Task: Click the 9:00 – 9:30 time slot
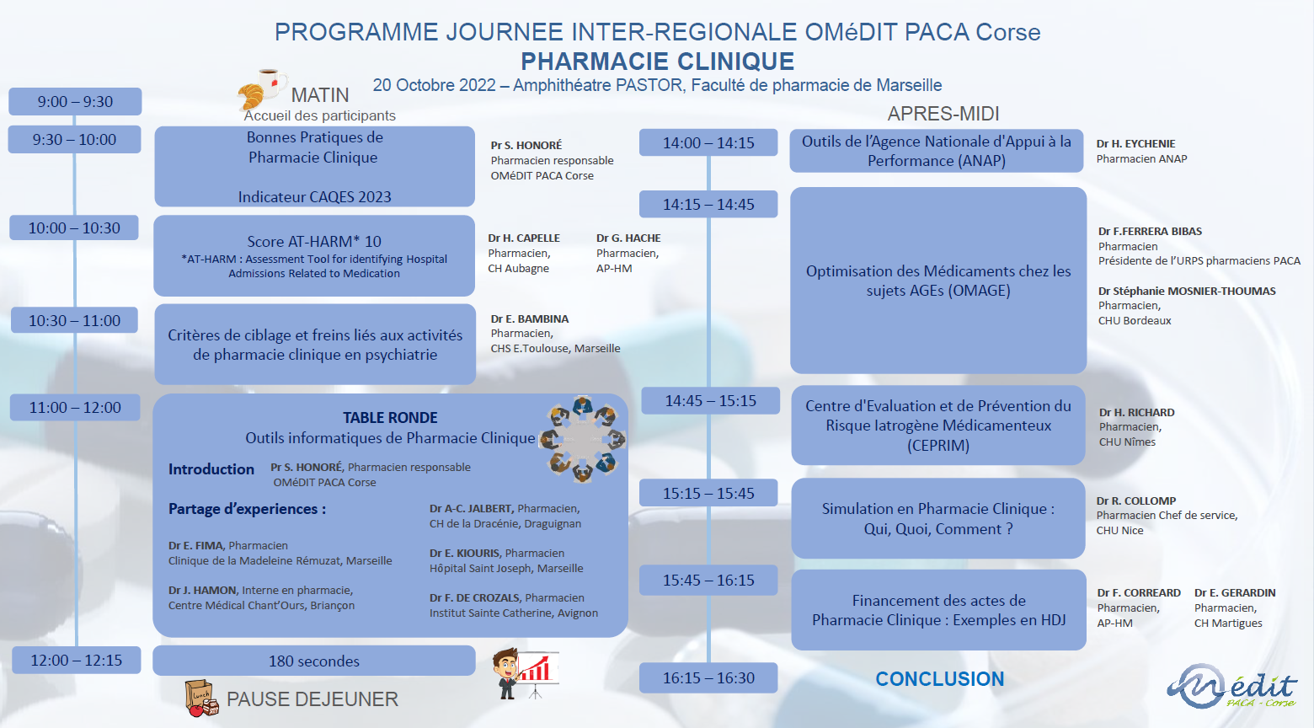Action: [x=75, y=101]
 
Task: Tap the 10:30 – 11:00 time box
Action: [x=74, y=320]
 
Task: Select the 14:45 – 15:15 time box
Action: [x=710, y=401]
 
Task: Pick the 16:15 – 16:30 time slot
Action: [x=708, y=677]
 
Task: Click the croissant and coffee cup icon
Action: [x=262, y=89]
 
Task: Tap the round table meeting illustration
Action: [x=583, y=439]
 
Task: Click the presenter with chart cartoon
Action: [x=526, y=673]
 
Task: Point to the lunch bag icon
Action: [x=201, y=698]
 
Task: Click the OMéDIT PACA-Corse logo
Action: [x=1231, y=687]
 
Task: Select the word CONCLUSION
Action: [x=940, y=679]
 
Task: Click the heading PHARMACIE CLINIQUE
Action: [x=658, y=61]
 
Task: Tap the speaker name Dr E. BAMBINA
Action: [x=530, y=318]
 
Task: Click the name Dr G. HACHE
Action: [x=628, y=238]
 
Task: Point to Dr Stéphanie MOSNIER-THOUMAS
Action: [x=1187, y=291]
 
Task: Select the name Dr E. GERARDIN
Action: [x=1235, y=592]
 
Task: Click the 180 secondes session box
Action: [x=314, y=661]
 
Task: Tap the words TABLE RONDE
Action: [x=390, y=418]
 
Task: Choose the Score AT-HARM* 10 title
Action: [x=314, y=241]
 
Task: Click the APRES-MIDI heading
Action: [x=943, y=113]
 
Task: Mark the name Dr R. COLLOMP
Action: [x=1136, y=500]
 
